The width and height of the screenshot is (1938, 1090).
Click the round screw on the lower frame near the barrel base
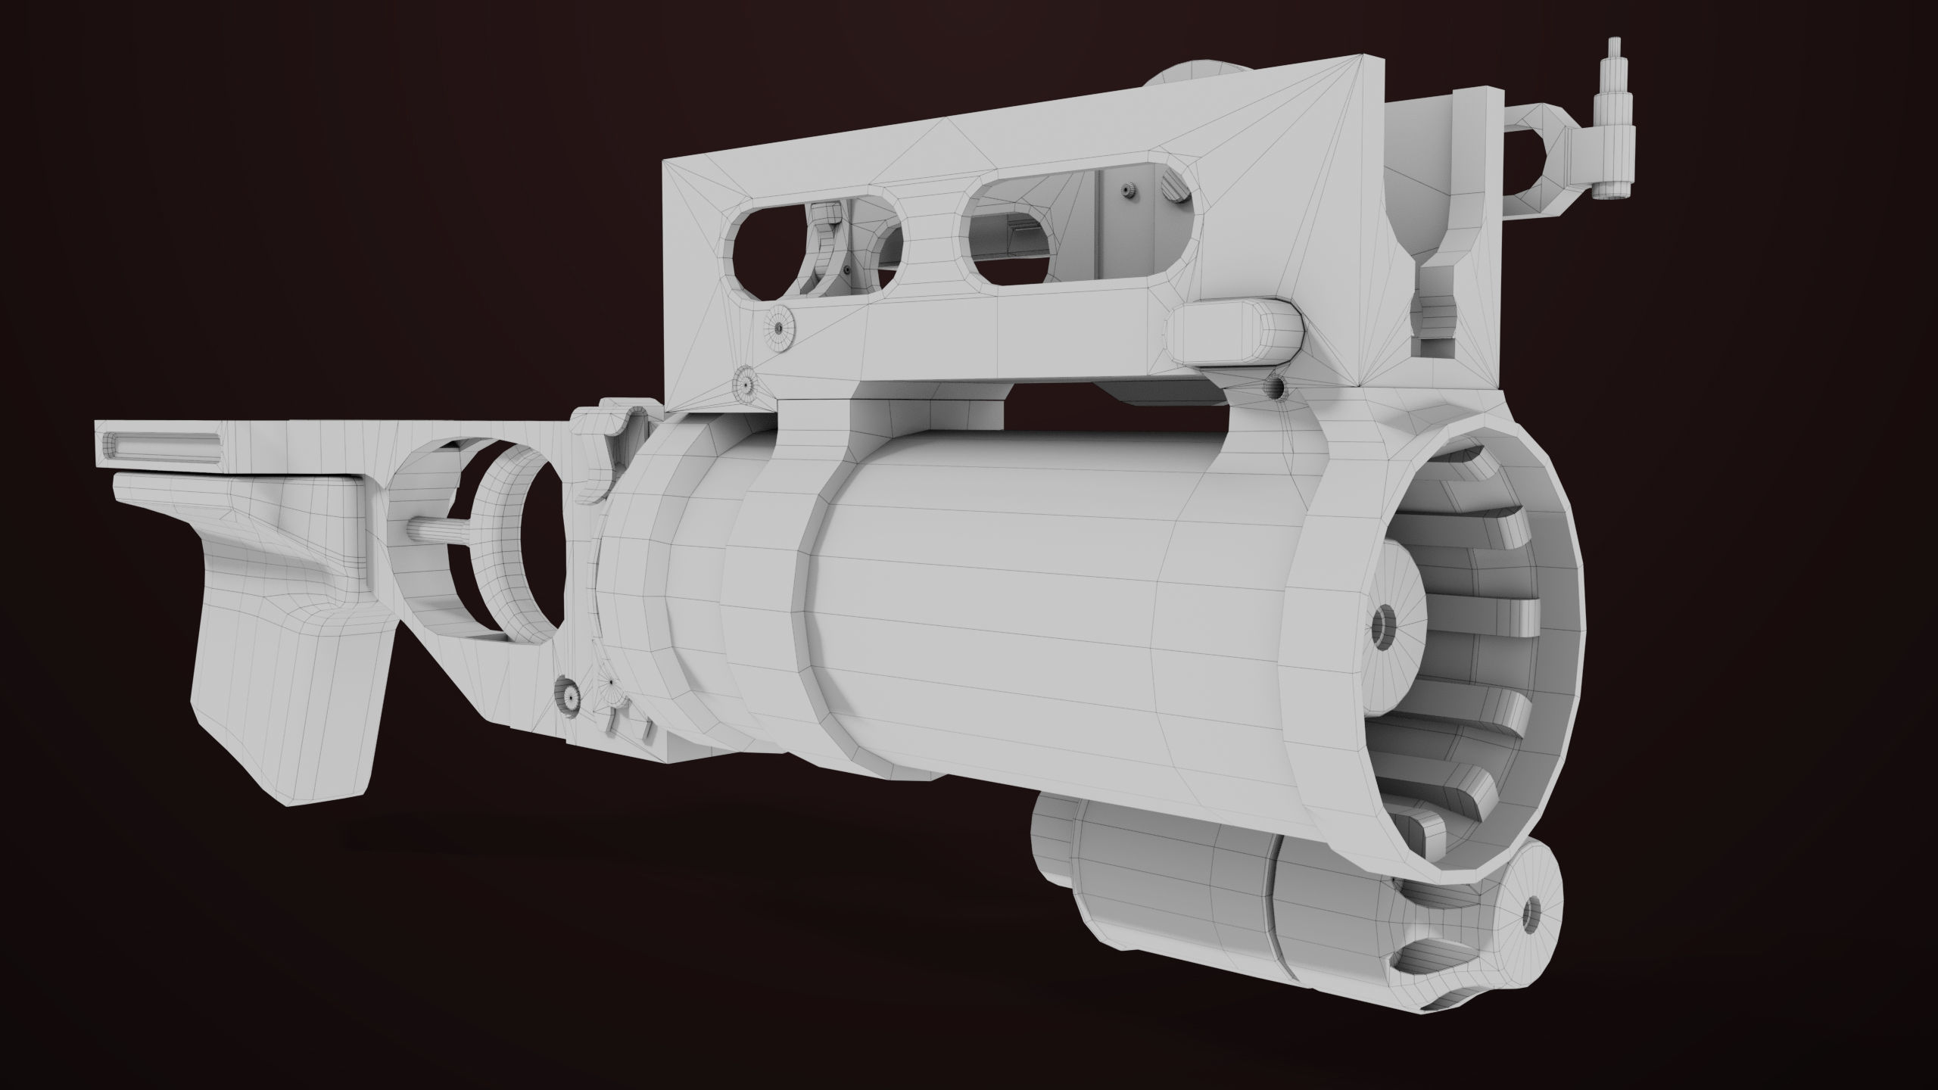[570, 690]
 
